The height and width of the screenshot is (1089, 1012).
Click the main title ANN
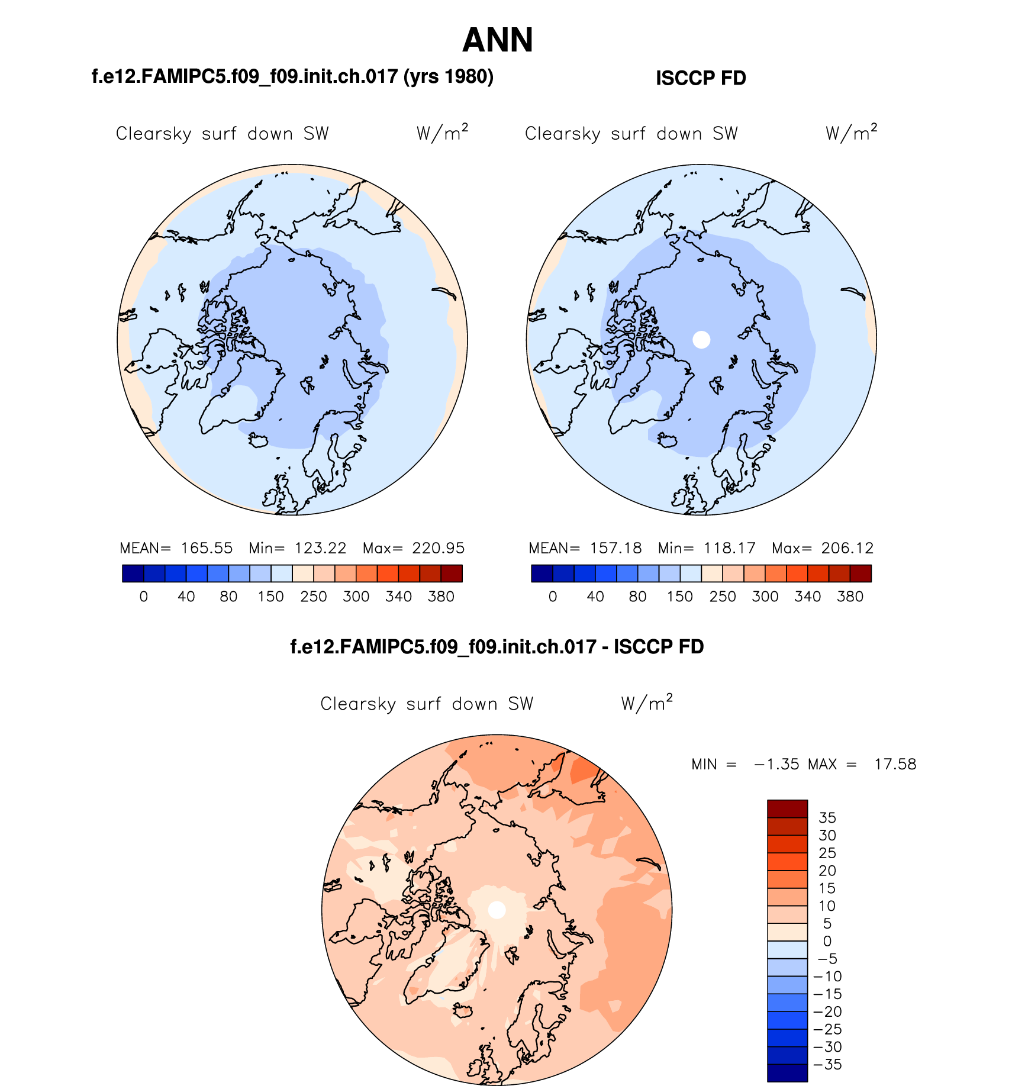pos(498,40)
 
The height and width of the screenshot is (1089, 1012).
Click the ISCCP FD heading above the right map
pos(701,78)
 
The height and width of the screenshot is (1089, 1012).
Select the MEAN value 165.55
pos(207,548)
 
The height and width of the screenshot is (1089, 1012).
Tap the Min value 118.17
pos(730,548)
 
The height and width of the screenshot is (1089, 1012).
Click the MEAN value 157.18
pos(615,548)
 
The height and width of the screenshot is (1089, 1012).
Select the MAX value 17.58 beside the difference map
pos(895,764)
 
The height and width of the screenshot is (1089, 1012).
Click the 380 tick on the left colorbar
pos(441,597)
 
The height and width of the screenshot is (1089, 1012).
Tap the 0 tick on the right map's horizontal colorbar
pos(553,597)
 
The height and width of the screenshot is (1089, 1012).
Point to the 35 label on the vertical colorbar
pos(827,818)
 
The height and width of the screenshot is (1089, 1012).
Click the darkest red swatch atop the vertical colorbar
pos(787,808)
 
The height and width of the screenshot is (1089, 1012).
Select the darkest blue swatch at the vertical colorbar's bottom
pos(787,1073)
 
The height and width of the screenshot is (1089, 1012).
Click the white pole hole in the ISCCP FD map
pos(701,340)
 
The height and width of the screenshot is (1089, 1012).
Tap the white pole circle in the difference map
pos(497,910)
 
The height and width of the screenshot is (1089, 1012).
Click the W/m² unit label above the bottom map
pos(647,703)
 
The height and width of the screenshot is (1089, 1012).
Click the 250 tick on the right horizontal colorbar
pos(723,597)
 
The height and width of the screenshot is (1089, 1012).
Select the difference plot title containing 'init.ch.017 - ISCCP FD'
pos(497,646)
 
